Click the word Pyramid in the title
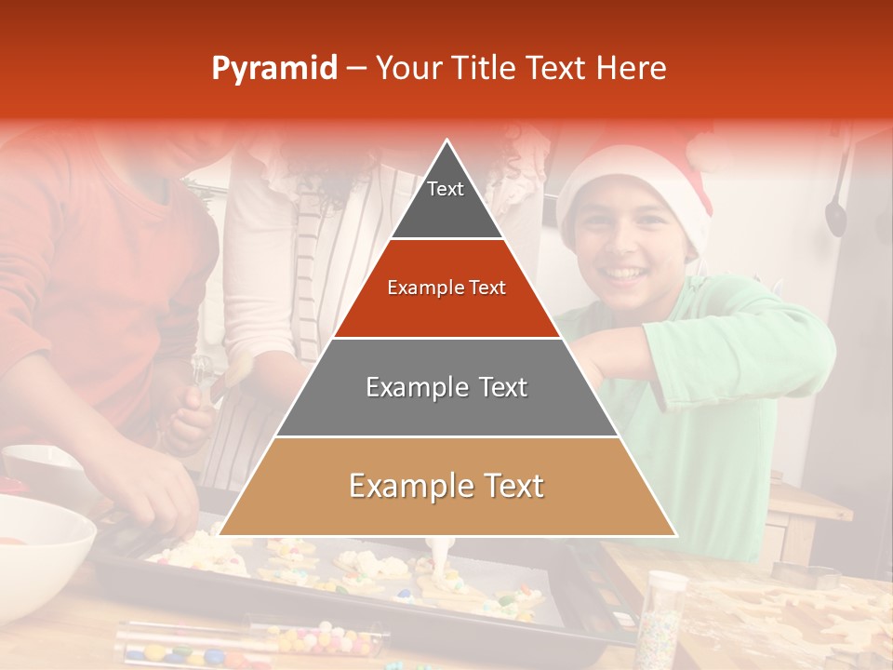tap(273, 69)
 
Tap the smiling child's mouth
tap(626, 274)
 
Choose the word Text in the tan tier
tap(506, 486)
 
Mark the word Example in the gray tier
tap(406, 387)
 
